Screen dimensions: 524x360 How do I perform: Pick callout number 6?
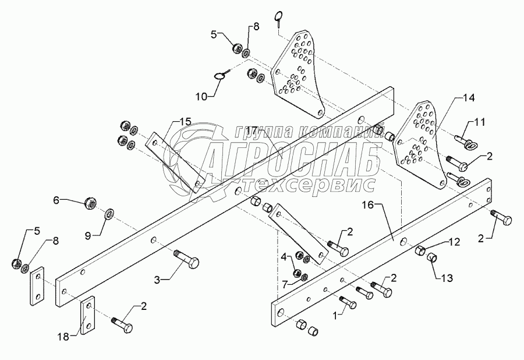tap(56, 200)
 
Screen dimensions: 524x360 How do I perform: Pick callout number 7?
tap(285, 285)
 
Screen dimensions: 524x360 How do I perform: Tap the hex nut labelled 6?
tap(90, 202)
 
